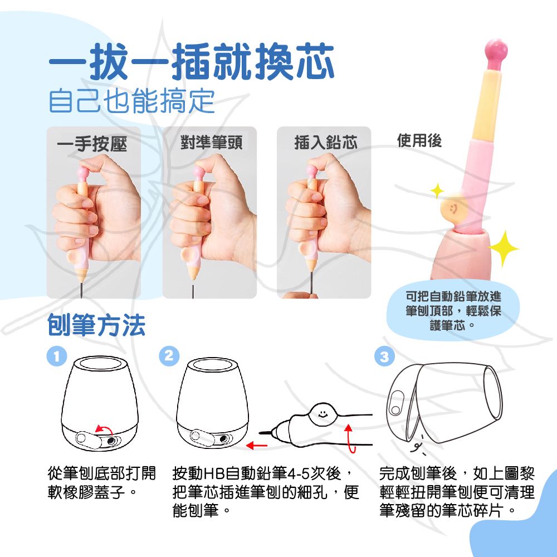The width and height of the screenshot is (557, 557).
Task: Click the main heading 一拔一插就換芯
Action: (192, 62)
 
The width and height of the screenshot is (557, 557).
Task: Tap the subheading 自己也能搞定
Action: (132, 101)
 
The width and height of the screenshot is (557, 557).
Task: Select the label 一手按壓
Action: (92, 144)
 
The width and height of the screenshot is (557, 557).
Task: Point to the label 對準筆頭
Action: (211, 143)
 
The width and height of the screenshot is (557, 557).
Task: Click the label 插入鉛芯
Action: (326, 143)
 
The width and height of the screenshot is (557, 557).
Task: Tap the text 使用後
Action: (419, 140)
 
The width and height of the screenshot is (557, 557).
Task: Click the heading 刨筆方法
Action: (96, 325)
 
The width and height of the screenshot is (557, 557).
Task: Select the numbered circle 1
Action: (57, 356)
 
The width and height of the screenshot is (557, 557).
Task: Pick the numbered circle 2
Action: (169, 356)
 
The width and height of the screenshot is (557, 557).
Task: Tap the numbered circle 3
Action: (385, 356)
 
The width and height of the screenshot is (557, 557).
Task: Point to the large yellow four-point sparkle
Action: (504, 248)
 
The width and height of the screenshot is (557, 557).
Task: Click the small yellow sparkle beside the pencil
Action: (437, 190)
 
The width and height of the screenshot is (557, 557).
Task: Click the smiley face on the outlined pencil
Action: (323, 414)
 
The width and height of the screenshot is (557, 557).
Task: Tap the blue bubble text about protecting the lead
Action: (453, 311)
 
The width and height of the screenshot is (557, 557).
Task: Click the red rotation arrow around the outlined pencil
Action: (350, 439)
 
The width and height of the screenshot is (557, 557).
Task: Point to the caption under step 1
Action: (102, 483)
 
